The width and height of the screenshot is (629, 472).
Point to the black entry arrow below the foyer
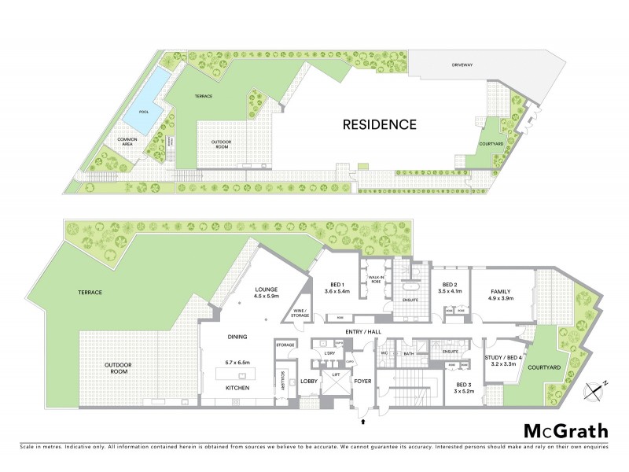(362, 422)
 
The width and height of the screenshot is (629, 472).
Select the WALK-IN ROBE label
(375, 278)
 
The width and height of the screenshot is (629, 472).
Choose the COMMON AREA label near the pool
(127, 142)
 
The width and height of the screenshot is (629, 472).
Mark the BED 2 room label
(449, 287)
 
